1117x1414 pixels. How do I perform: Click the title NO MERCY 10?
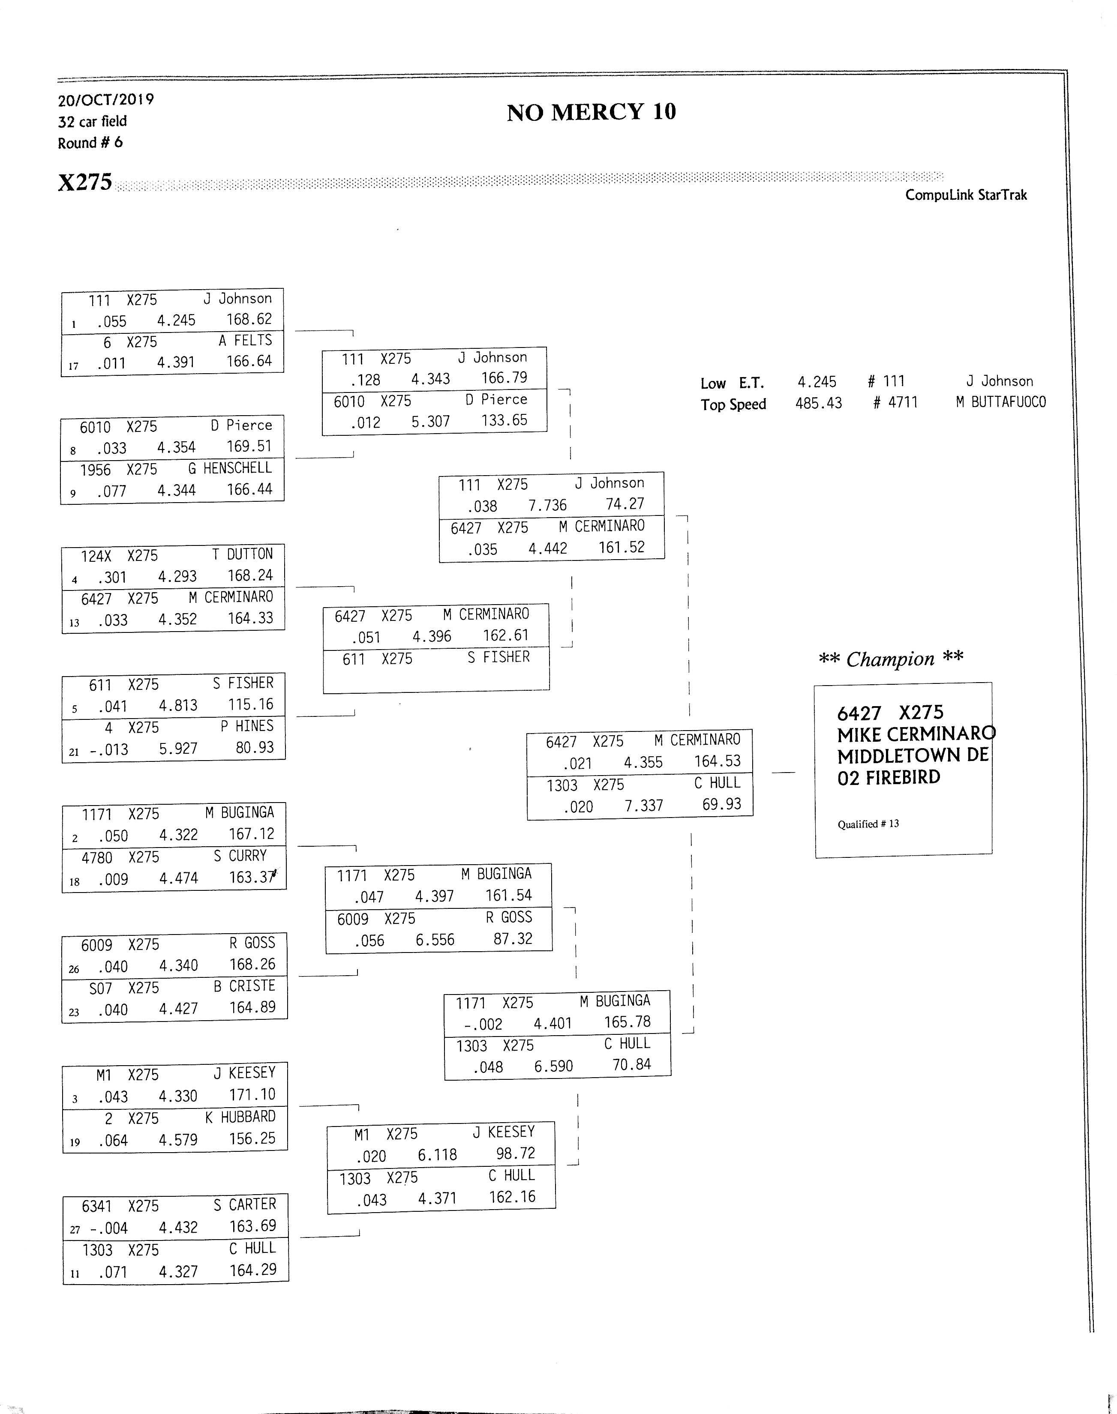click(591, 112)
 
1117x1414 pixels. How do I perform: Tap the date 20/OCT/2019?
click(106, 100)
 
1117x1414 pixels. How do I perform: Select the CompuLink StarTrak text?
click(966, 195)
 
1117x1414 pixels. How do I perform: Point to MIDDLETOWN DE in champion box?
click(913, 756)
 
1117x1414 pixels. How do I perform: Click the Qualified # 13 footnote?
click(868, 824)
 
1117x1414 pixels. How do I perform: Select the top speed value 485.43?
click(819, 403)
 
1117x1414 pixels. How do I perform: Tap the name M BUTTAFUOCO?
click(1000, 402)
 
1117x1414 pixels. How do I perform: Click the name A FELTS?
click(245, 341)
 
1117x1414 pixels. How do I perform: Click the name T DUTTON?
click(242, 554)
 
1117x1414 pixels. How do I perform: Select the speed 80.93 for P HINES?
click(255, 747)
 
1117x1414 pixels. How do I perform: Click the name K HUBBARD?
click(240, 1117)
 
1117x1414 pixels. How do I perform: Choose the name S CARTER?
click(245, 1204)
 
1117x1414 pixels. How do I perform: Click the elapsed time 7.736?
click(547, 505)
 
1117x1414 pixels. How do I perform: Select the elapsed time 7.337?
click(643, 806)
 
